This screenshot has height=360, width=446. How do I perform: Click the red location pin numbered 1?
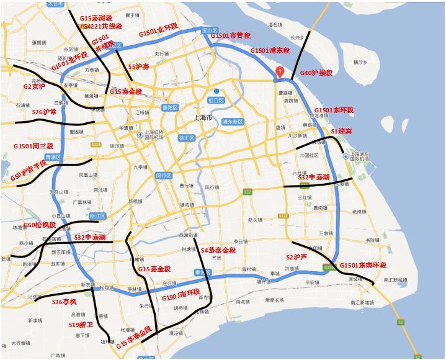(280, 71)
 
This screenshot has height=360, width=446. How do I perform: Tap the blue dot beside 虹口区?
(216, 91)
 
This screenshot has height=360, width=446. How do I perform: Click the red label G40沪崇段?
(316, 73)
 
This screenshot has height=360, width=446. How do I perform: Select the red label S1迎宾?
(341, 132)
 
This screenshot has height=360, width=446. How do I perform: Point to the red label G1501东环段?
(334, 110)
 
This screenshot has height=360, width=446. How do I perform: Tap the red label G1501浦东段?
(270, 50)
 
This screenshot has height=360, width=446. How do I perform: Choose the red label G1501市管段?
(231, 36)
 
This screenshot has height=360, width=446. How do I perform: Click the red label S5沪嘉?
(138, 66)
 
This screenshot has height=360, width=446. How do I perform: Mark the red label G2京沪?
(34, 87)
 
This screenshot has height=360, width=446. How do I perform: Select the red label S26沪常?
(44, 112)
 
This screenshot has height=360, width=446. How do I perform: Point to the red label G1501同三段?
(33, 146)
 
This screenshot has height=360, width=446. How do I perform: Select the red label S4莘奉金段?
(218, 250)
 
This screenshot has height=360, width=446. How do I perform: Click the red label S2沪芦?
(297, 256)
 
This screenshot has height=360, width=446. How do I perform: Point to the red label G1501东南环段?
(363, 265)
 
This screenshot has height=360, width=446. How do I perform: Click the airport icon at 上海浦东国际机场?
(346, 156)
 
